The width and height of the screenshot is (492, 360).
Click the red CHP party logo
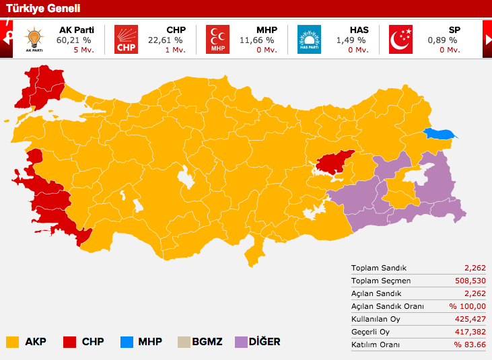pyautogui.click(x=125, y=39)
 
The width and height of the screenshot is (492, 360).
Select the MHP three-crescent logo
pyautogui.click(x=217, y=39)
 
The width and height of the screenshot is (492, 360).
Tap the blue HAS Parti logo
pyautogui.click(x=309, y=39)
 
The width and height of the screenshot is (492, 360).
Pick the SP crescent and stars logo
pyautogui.click(x=401, y=39)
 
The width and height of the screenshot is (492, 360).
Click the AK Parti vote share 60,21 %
pyautogui.click(x=73, y=40)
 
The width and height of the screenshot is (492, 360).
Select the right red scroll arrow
pyautogui.click(x=487, y=39)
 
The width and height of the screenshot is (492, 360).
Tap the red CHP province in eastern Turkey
pyautogui.click(x=335, y=161)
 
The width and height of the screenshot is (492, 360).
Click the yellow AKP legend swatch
pyautogui.click(x=12, y=342)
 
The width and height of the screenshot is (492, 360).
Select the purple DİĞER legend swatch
pyautogui.click(x=241, y=342)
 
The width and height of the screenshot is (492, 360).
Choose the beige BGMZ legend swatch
pyautogui.click(x=183, y=342)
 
